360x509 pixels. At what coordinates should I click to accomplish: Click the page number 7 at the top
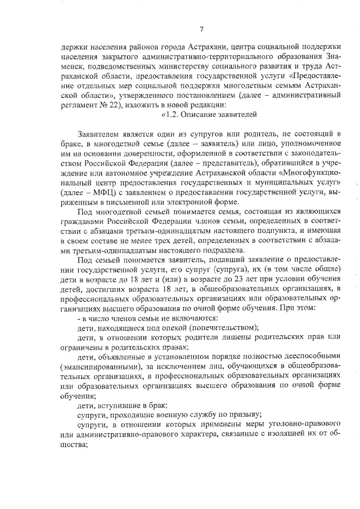point(201,29)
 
